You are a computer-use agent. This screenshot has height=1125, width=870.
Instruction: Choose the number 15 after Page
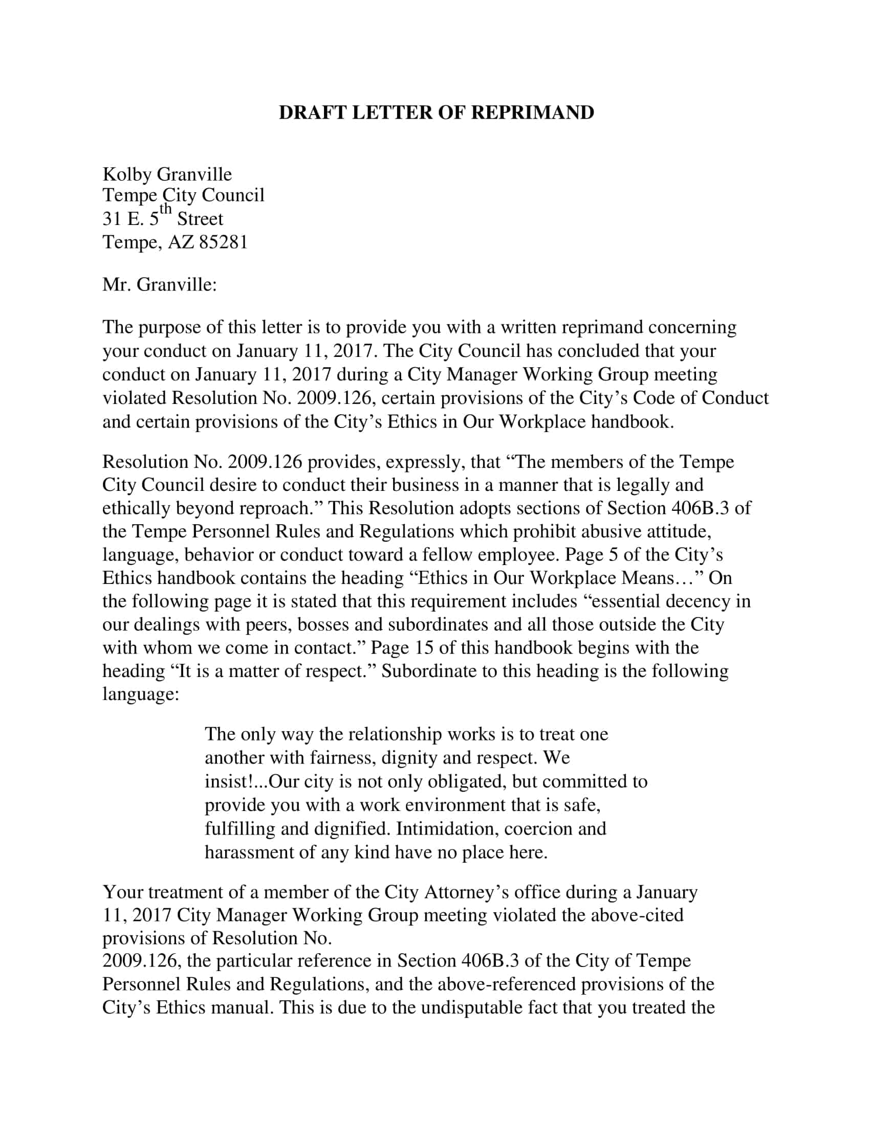423,647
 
